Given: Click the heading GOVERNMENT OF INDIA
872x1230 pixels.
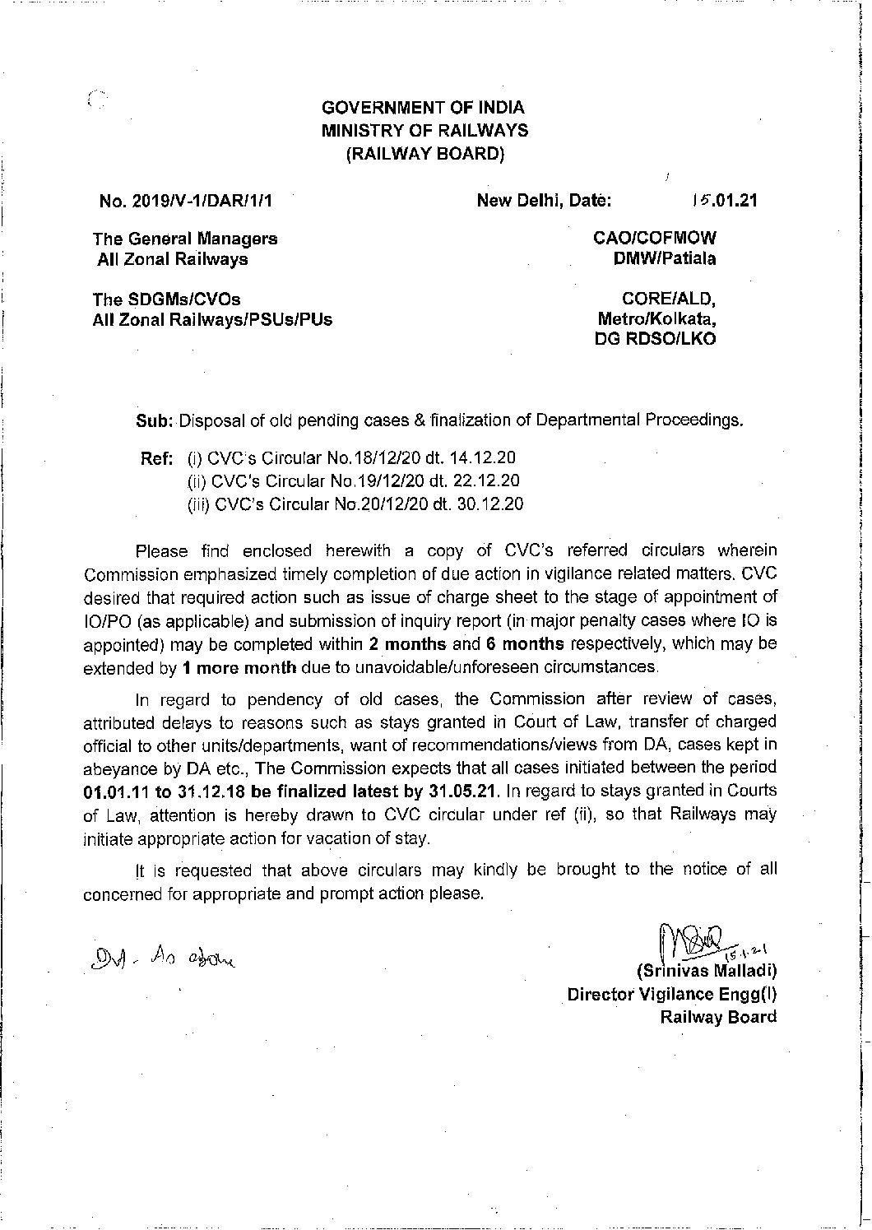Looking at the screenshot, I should coord(423,107).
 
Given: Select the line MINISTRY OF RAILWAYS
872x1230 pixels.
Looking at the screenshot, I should coord(424,130).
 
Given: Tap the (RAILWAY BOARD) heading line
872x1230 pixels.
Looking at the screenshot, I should coord(424,153).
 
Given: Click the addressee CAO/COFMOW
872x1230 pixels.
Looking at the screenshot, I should coord(655,239).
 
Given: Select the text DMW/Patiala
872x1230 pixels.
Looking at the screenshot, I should coord(661,259).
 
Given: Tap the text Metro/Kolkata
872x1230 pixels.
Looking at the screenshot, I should coord(657,318).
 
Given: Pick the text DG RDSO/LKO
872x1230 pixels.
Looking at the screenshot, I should coord(656,339).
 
